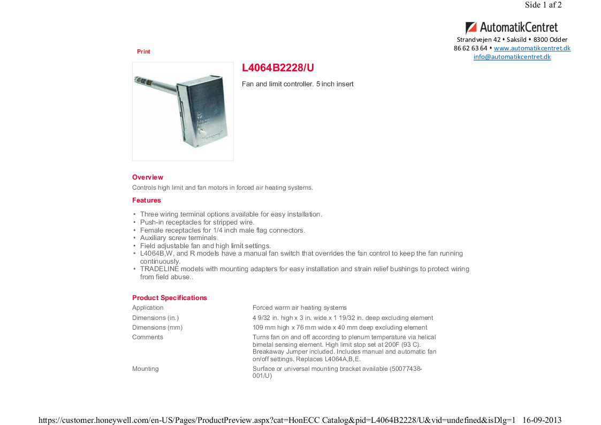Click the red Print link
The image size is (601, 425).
pyautogui.click(x=143, y=51)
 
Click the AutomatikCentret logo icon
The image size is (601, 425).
pyautogui.click(x=471, y=28)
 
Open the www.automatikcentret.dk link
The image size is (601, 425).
pyautogui.click(x=532, y=48)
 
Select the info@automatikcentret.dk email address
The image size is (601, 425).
pyautogui.click(x=512, y=57)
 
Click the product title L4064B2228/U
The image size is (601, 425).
pyautogui.click(x=278, y=68)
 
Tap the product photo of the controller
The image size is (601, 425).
pyautogui.click(x=183, y=111)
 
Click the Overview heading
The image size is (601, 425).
pyautogui.click(x=148, y=177)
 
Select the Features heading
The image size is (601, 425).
pyautogui.click(x=147, y=200)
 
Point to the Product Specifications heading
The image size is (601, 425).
pyautogui.click(x=170, y=298)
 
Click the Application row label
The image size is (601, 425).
pyautogui.click(x=148, y=308)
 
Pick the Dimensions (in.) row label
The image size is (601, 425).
pyautogui.click(x=156, y=318)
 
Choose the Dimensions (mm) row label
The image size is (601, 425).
pyautogui.click(x=157, y=327)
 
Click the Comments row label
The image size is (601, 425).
pyautogui.click(x=148, y=337)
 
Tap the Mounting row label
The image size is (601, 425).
pyautogui.click(x=146, y=369)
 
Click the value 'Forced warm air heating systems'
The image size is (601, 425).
pyautogui.click(x=300, y=308)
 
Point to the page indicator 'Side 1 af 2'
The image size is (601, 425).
pyautogui.click(x=543, y=5)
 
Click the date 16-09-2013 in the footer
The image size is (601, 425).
pyautogui.click(x=542, y=420)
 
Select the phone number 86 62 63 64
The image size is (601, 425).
pyautogui.click(x=470, y=48)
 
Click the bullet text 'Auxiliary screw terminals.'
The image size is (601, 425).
pyautogui.click(x=179, y=238)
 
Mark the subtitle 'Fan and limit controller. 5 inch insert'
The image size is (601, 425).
pyautogui.click(x=298, y=84)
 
